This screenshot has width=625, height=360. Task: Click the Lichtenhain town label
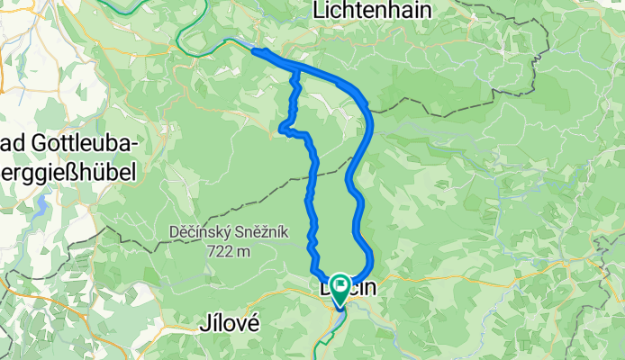[371, 10]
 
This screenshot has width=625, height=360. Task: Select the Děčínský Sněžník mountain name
[229, 232]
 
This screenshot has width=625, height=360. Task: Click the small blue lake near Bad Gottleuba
[42, 209]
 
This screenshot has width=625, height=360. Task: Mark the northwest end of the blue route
[256, 51]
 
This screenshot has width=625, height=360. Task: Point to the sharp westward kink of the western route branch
[285, 129]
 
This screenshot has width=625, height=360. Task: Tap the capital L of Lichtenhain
[317, 10]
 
